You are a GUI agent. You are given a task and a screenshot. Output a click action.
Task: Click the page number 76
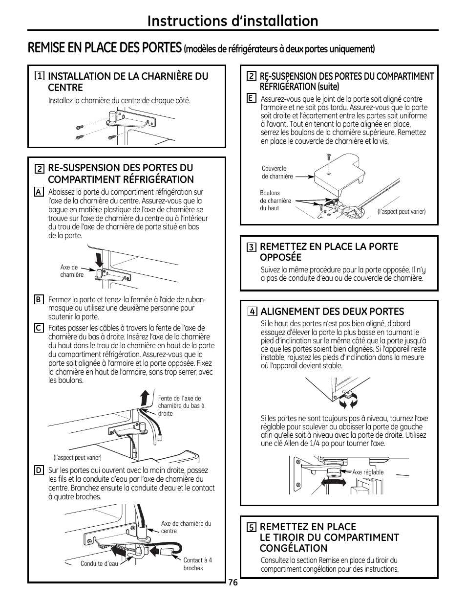[x=233, y=582]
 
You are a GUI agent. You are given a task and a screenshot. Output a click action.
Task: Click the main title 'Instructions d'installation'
[x=233, y=21]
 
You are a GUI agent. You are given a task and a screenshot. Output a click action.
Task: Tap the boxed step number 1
[x=39, y=76]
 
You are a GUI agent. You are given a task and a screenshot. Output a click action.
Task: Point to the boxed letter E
[x=251, y=98]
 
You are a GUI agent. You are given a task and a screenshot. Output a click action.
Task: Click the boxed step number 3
[x=251, y=247]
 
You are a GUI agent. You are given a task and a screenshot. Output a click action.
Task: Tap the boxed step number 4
[x=252, y=312]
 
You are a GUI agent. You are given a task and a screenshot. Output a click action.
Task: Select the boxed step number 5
[x=251, y=527]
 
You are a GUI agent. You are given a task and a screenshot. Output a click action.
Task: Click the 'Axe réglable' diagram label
[x=368, y=472]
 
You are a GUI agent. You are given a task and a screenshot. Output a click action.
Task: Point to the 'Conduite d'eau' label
[x=100, y=563]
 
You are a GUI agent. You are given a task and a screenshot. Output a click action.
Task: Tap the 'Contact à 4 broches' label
[x=197, y=564]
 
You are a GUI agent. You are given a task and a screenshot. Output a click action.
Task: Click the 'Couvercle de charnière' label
[x=277, y=172]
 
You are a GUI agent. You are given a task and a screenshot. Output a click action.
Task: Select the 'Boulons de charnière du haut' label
[x=275, y=201]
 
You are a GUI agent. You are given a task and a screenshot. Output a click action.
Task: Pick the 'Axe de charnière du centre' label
[x=186, y=527]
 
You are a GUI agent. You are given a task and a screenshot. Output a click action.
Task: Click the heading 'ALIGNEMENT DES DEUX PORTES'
[x=332, y=312]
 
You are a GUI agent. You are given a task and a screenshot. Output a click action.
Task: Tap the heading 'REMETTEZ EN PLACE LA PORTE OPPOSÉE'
[x=329, y=252]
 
